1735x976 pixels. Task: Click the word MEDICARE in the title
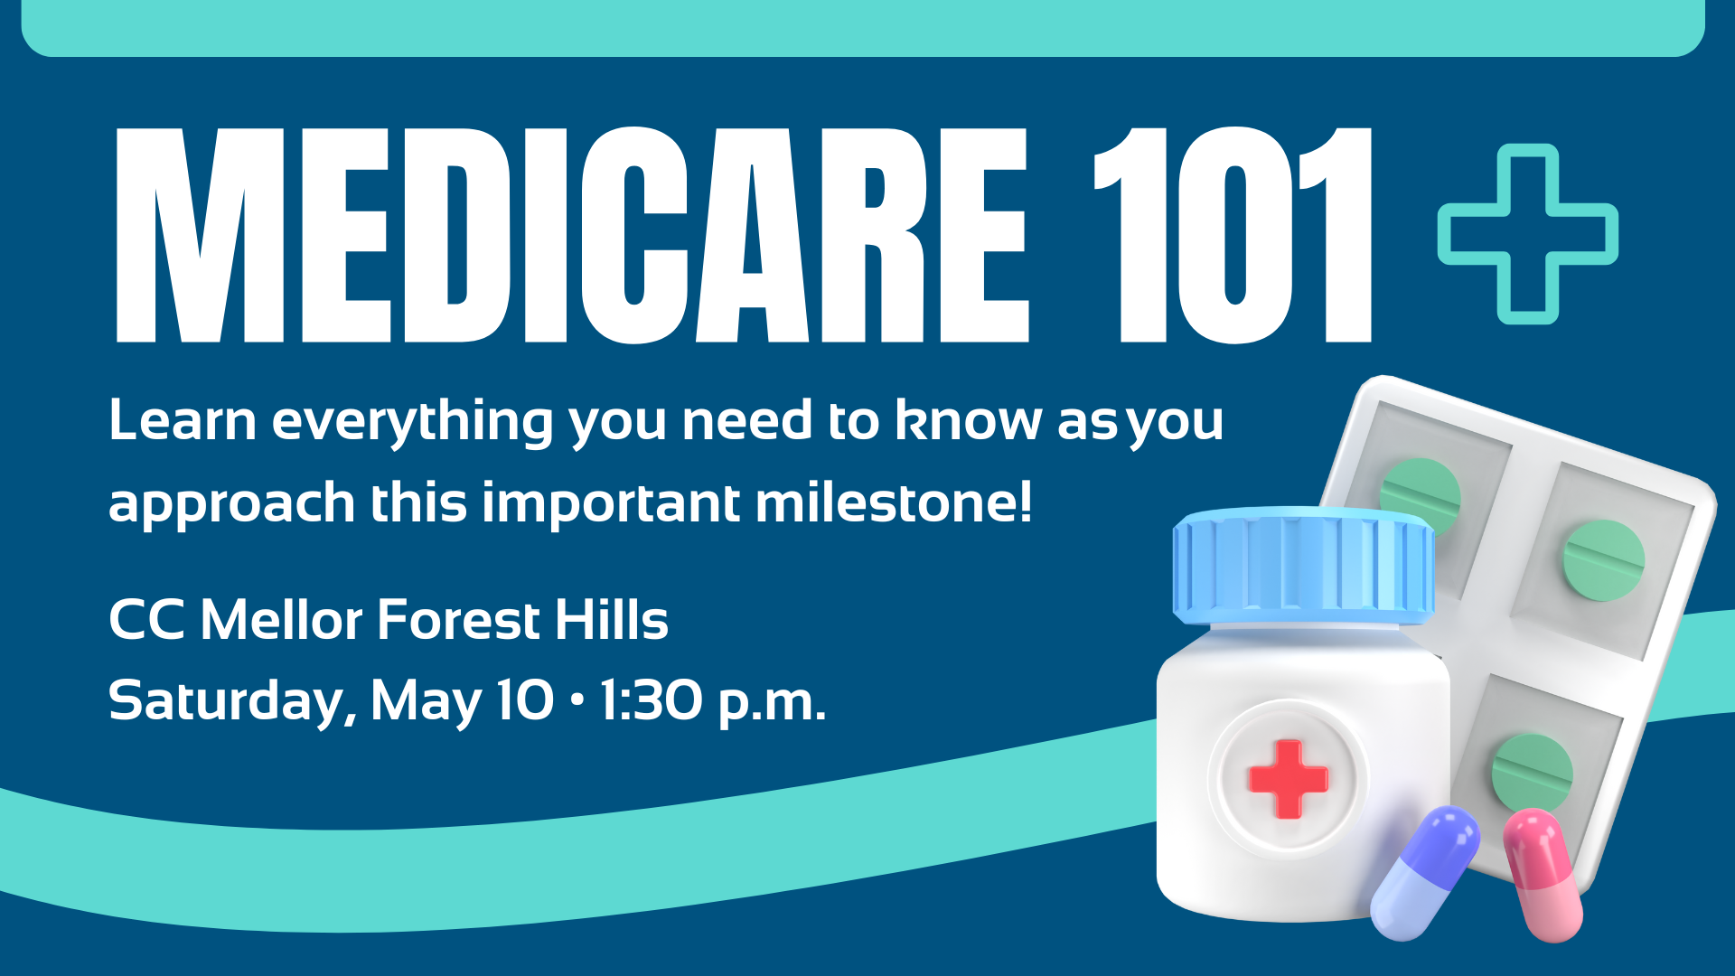pos(572,235)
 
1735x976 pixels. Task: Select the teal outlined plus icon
pos(1528,233)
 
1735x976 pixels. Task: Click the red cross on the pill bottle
pos(1288,779)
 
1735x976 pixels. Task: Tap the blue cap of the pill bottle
pos(1303,566)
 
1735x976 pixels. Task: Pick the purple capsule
pos(1425,873)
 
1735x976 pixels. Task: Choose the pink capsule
pos(1543,875)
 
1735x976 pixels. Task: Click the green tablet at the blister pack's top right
pos(1604,560)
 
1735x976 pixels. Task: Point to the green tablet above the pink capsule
pos(1533,771)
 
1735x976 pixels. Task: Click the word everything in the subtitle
pos(412,423)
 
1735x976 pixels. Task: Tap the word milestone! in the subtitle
pos(894,502)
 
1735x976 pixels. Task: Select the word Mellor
pos(281,620)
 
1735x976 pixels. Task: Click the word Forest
pos(459,620)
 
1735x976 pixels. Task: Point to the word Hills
pos(612,620)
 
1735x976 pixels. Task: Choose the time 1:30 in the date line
pos(652,700)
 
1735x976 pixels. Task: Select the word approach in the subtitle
pos(231,504)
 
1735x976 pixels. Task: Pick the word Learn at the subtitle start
pos(183,420)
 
